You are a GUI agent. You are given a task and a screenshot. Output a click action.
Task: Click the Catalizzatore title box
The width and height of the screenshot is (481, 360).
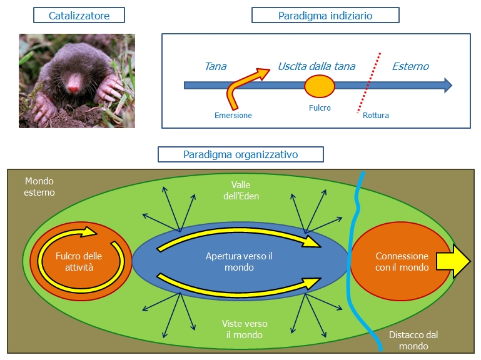click(79, 16)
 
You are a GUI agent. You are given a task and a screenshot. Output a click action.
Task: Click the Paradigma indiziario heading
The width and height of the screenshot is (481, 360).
click(325, 16)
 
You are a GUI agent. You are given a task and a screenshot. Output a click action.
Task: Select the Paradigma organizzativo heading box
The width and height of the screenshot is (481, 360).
click(241, 154)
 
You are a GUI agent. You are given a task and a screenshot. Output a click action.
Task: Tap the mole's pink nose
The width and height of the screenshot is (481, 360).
click(73, 89)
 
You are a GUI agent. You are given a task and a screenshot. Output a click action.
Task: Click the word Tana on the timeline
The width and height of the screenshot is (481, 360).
click(216, 66)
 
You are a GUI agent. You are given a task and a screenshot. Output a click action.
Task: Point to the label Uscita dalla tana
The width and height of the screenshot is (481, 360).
click(316, 66)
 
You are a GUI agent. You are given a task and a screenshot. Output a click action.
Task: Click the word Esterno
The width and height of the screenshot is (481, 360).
click(410, 66)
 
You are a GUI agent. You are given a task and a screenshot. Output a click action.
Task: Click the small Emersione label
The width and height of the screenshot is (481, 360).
click(233, 116)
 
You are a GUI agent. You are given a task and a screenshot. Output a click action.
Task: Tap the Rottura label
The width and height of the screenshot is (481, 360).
click(376, 116)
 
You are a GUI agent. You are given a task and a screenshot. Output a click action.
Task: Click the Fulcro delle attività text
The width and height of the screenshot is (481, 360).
click(79, 261)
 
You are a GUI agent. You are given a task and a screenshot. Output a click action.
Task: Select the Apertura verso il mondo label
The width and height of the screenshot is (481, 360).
click(239, 261)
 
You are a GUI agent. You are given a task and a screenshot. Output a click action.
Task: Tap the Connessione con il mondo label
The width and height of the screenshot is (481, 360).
click(402, 261)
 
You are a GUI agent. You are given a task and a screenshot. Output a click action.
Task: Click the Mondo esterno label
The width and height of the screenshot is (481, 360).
click(39, 186)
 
